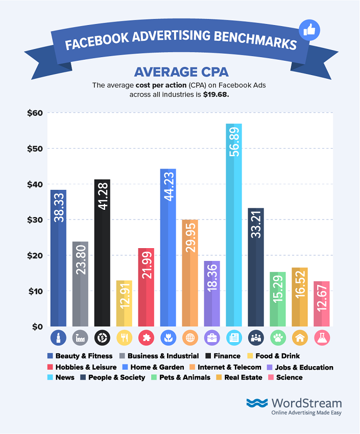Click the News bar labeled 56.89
point(234,225)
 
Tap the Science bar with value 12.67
point(321,304)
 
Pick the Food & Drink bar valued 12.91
point(124,303)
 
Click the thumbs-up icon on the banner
point(308,30)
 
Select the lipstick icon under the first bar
point(58,337)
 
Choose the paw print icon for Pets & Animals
point(277,337)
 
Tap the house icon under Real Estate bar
point(299,337)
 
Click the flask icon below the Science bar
point(321,337)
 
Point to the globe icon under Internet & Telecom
point(190,337)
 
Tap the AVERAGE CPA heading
point(179,71)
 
